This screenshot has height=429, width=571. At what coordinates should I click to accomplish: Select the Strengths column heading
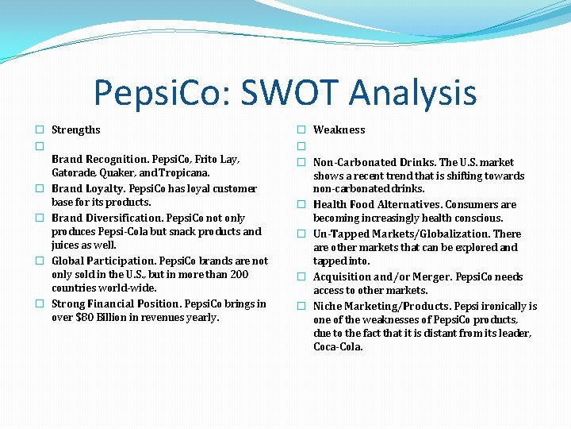tap(75, 129)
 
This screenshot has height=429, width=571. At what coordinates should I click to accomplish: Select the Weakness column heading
tap(339, 129)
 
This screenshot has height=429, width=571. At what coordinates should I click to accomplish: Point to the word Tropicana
tap(183, 173)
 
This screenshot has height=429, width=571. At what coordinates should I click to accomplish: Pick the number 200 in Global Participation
tap(238, 274)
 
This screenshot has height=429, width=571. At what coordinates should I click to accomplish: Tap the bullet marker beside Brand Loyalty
tap(39, 189)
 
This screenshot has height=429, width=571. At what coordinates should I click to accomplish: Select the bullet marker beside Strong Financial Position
tap(39, 304)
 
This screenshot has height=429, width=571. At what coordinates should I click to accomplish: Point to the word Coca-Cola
tap(338, 347)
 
